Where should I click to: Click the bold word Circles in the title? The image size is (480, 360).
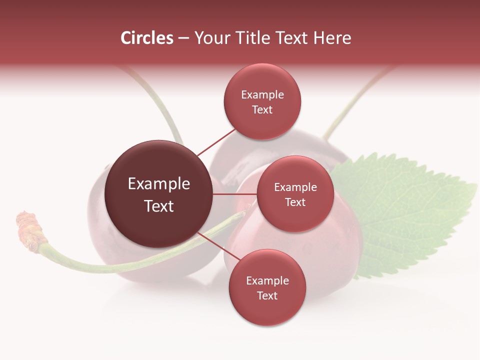coord(146,38)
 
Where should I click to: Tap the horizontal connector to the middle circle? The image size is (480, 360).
coord(235,194)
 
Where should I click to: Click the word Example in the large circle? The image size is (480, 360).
coord(159,184)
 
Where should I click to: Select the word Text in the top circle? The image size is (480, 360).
coord(262,109)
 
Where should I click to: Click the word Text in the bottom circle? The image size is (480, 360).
coord(267,295)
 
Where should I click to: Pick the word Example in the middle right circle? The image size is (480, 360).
coord(295,187)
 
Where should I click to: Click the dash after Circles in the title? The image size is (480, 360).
coord(183,38)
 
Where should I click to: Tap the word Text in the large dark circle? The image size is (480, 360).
coord(159,206)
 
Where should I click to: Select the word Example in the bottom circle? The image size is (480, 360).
coord(267,280)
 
